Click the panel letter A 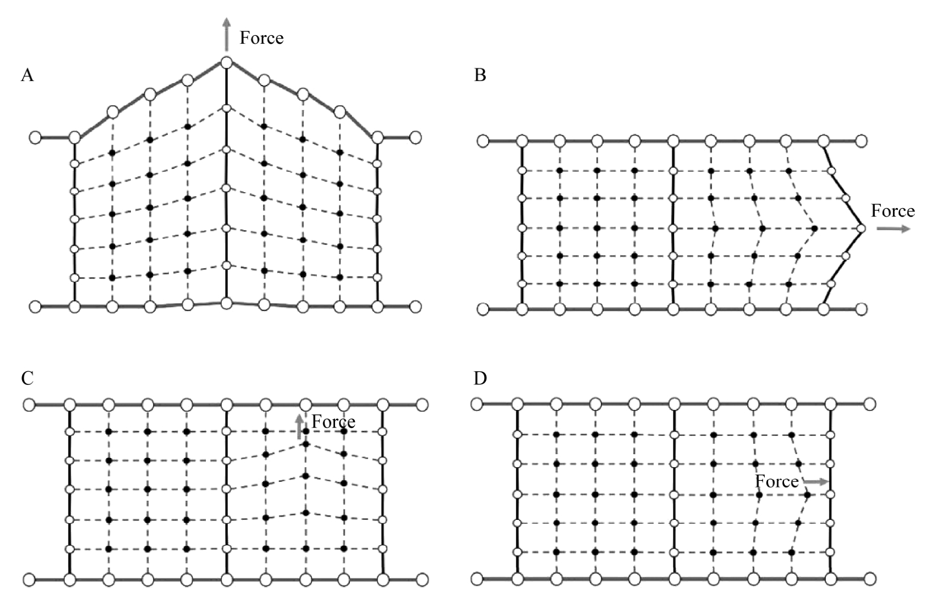click(27, 75)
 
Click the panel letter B click(480, 75)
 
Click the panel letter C click(27, 378)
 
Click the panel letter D click(480, 378)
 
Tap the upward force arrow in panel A click(227, 35)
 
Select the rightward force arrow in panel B click(893, 228)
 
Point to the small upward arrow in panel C click(299, 426)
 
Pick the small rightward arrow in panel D click(816, 481)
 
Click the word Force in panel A click(261, 38)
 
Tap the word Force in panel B click(893, 211)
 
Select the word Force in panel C click(333, 422)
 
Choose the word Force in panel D click(777, 481)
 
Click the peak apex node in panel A click(227, 63)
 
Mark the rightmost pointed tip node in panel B click(861, 228)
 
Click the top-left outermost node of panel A click(36, 138)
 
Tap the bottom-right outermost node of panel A click(416, 307)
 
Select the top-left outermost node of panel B click(483, 141)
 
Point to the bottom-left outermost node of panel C click(29, 580)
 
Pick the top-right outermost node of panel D click(870, 404)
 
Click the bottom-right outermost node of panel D click(870, 579)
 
